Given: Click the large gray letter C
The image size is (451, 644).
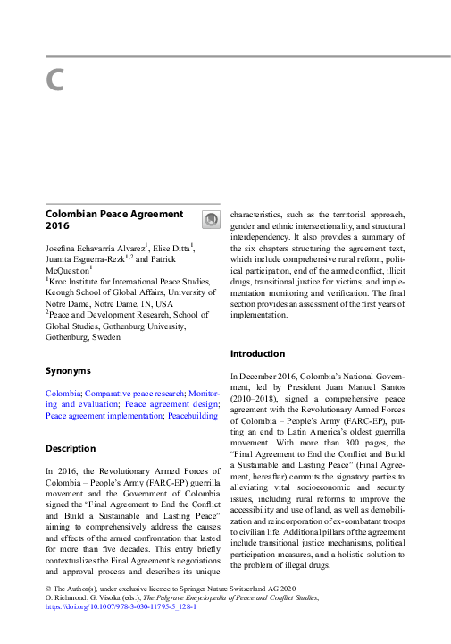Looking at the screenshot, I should [54, 80].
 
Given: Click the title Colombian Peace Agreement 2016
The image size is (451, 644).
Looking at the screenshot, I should [114, 221].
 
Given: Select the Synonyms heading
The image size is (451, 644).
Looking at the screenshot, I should [68, 369].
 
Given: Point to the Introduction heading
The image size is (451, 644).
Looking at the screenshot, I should [257, 353].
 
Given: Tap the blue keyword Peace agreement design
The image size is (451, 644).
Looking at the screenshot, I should [172, 404].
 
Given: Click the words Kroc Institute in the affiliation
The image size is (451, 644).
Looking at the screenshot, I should [75, 280].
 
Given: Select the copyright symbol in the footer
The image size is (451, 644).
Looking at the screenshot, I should [47, 587].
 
